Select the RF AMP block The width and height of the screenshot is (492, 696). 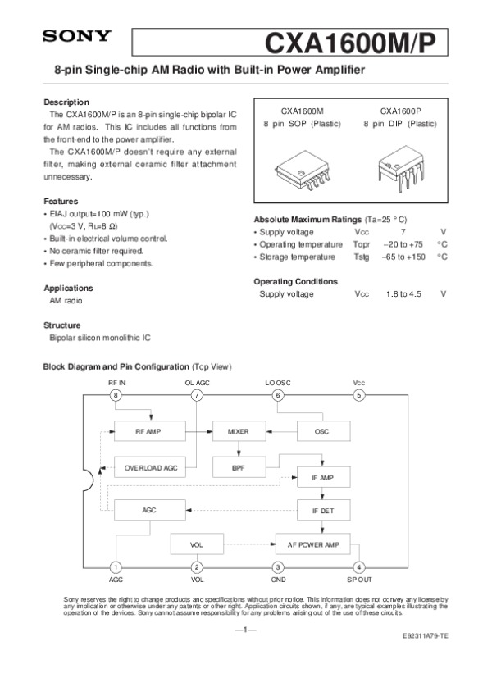(148, 431)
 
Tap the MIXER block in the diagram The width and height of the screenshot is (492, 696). (238, 431)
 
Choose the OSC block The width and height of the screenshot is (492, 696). (321, 431)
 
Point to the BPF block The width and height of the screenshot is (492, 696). (238, 467)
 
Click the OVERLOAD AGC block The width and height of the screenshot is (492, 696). (151, 467)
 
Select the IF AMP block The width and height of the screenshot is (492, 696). (323, 477)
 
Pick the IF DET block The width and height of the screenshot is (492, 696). (323, 510)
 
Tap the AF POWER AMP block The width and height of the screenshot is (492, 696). (312, 544)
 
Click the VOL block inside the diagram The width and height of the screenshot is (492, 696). (197, 544)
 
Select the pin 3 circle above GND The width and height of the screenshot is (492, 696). (278, 566)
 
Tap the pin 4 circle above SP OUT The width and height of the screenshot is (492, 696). (359, 566)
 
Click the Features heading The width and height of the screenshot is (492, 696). (61, 201)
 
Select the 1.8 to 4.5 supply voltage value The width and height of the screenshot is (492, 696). (403, 293)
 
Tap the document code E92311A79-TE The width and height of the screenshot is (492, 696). (425, 636)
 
